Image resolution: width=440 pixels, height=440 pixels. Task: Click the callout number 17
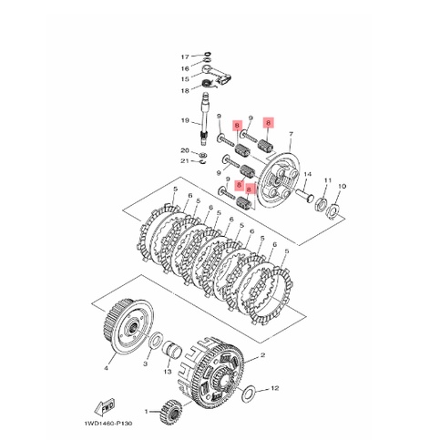pos(185,56)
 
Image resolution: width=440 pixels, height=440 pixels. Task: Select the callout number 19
pos(185,120)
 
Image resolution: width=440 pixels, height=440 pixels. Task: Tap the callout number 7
pos(292,134)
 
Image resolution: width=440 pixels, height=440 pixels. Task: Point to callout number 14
pos(308,174)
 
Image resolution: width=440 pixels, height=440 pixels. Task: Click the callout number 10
pos(343,186)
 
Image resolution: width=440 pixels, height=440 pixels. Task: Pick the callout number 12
pos(275,388)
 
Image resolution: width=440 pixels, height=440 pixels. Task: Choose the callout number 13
pos(168,372)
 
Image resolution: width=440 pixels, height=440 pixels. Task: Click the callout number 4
pos(106,368)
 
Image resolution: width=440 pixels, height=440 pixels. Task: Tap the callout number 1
pos(146,412)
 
